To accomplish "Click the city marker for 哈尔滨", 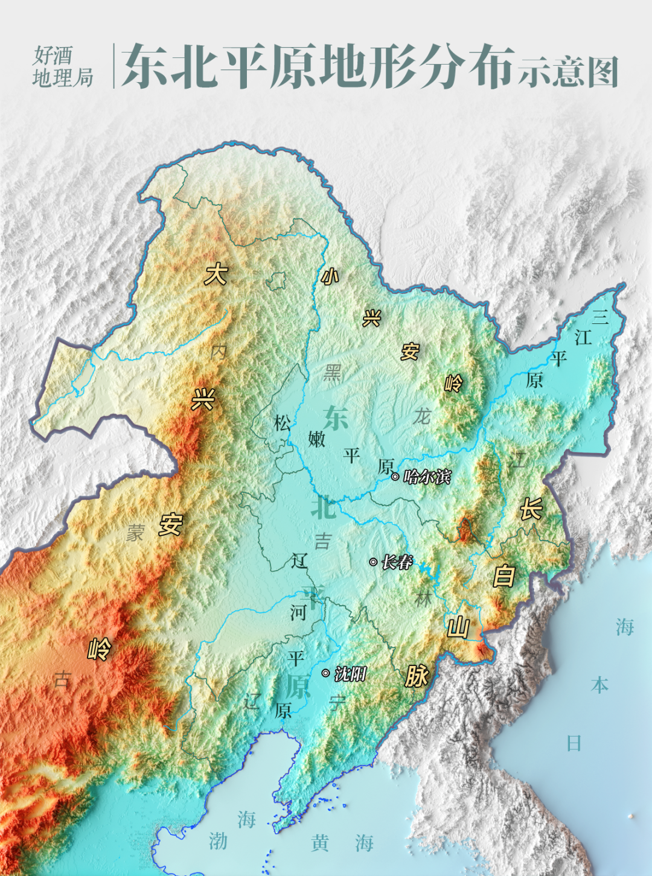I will (395, 477).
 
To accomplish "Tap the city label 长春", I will (397, 562).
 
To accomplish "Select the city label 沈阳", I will (351, 673).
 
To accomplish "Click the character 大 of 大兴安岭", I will (216, 275).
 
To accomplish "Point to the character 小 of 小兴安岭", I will (330, 276).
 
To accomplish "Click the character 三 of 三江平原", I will (599, 316).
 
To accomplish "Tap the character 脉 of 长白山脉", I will (417, 676).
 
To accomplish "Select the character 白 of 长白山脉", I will (503, 576).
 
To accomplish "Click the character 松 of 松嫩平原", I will (282, 423).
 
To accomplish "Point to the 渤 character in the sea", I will (218, 841).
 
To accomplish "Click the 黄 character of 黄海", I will (320, 843).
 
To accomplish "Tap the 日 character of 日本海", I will (574, 743).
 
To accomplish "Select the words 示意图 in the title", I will (569, 72).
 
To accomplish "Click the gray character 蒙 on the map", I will (136, 533).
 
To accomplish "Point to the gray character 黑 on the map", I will (332, 373).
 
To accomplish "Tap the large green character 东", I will (336, 417).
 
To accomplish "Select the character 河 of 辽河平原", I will (298, 612).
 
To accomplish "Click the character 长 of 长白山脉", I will (531, 509).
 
